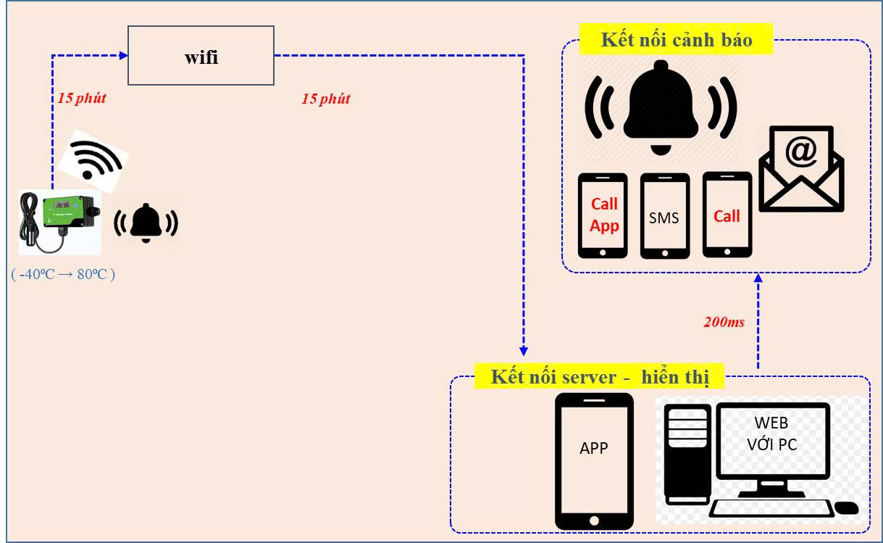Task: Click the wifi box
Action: coord(201,56)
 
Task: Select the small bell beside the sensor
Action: coord(146,221)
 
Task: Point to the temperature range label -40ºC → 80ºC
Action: coord(64,275)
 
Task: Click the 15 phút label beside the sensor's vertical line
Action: coord(81,99)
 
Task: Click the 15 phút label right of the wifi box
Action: coord(325,99)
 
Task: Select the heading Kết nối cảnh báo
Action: coord(676,39)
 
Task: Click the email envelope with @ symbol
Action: coord(801,167)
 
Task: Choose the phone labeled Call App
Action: coord(603,215)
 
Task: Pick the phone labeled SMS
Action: coord(664,217)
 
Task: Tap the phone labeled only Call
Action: coord(727,215)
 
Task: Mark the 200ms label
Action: coord(724,322)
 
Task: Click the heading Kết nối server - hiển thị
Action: coord(598,377)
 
